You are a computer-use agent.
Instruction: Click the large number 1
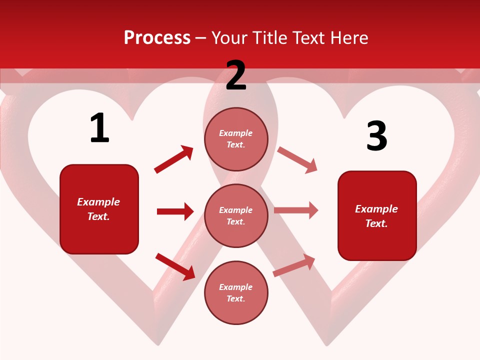[x=99, y=128]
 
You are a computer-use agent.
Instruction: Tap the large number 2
[x=236, y=75]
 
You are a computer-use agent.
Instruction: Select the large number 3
[x=376, y=136]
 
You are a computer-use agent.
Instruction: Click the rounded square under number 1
[x=99, y=209]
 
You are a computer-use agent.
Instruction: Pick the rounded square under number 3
[x=377, y=215]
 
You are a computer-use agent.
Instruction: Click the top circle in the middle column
[x=236, y=139]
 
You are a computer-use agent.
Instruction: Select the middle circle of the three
[x=236, y=215]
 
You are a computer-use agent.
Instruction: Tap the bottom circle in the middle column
[x=236, y=292]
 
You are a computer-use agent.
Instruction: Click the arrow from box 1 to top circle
[x=173, y=159]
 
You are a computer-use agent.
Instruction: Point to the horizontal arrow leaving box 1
[x=175, y=211]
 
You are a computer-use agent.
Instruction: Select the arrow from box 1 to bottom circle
[x=175, y=266]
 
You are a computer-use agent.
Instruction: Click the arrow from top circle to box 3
[x=297, y=159]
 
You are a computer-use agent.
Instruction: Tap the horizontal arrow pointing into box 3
[x=296, y=210]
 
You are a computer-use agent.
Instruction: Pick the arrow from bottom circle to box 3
[x=294, y=265]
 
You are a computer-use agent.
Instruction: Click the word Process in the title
[x=157, y=37]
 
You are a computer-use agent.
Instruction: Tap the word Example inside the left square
[x=98, y=202]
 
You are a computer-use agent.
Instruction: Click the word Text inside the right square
[x=376, y=223]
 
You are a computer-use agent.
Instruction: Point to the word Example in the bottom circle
[x=236, y=287]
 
